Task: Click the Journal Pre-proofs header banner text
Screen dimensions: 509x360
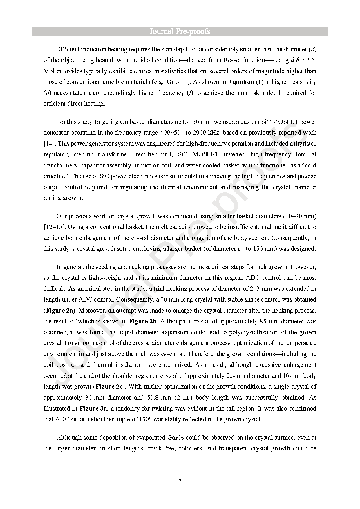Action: point(180,32)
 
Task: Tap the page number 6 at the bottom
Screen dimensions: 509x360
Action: point(180,480)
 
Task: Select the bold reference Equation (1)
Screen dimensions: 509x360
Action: point(246,82)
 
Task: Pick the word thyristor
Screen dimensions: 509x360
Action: point(305,144)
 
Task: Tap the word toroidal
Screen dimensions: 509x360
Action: point(306,154)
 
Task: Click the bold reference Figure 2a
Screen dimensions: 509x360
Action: point(59,311)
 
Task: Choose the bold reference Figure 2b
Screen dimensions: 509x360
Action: point(143,321)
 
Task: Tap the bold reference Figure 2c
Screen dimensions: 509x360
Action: point(109,387)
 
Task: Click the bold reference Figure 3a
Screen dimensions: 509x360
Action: point(93,409)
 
